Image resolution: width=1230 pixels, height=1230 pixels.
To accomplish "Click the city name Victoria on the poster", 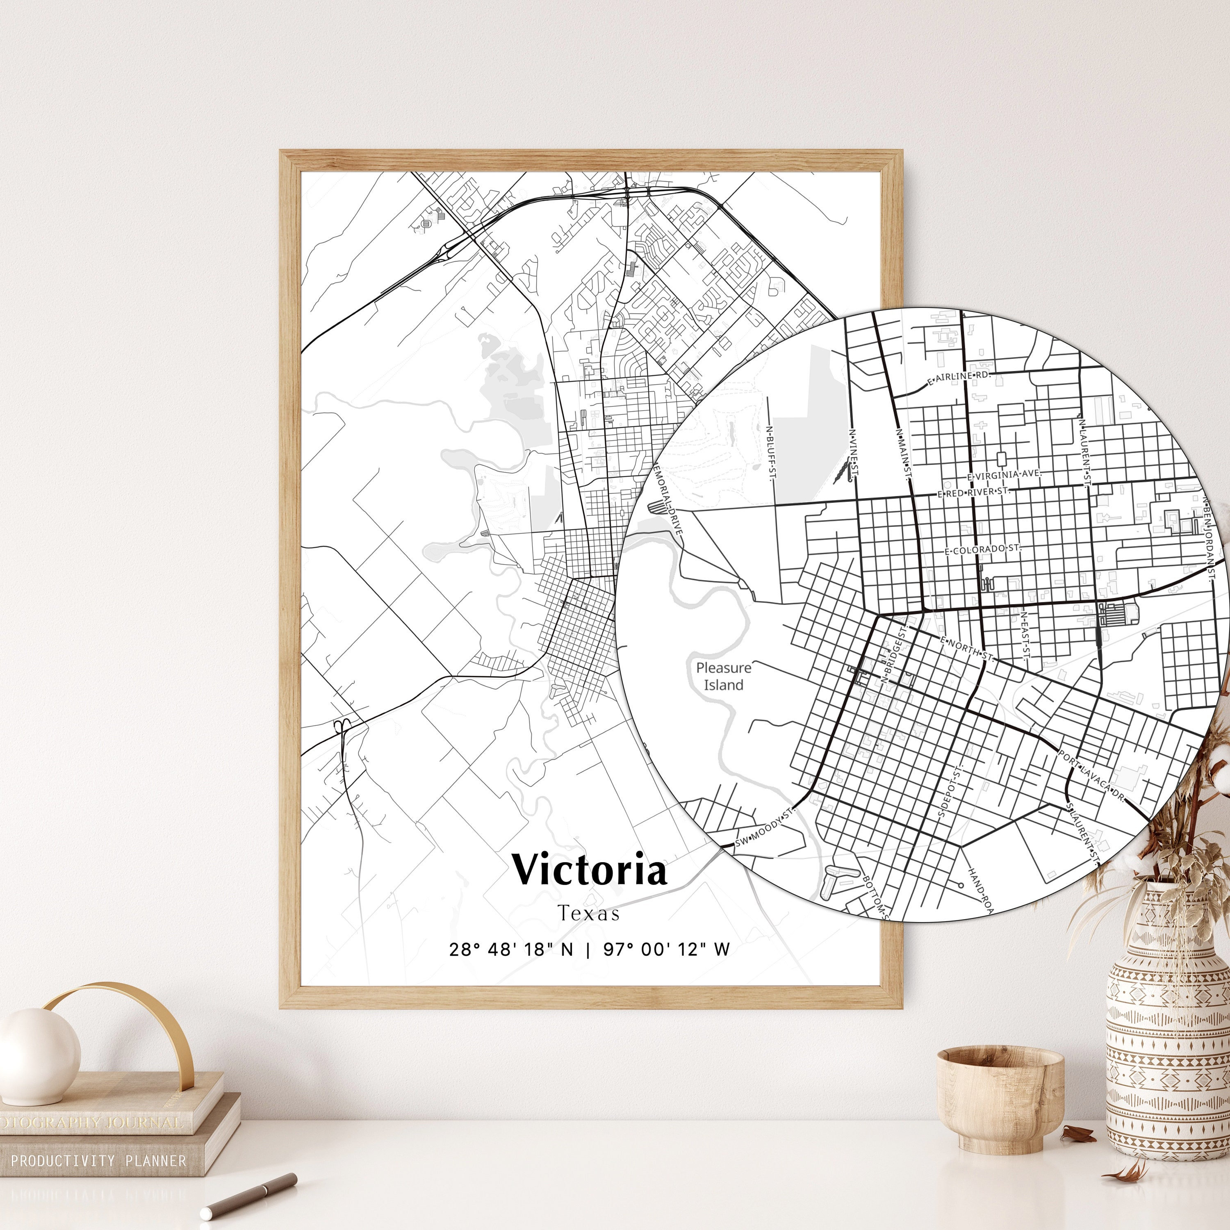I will [x=590, y=870].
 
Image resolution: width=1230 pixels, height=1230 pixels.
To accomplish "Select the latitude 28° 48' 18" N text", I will [x=510, y=949].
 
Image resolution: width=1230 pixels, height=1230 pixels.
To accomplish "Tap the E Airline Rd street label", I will [x=959, y=377].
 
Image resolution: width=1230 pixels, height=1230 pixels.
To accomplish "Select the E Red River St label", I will [x=973, y=492].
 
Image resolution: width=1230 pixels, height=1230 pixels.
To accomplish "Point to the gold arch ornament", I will [x=121, y=1025].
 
